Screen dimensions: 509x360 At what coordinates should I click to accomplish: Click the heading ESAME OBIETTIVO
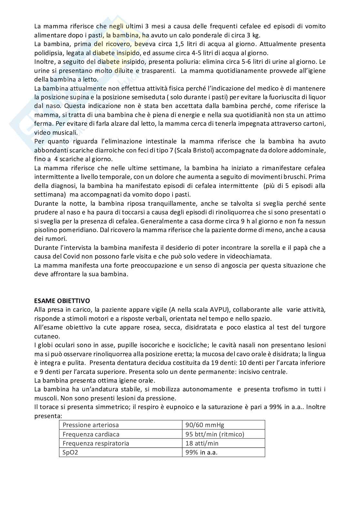pos(62,301)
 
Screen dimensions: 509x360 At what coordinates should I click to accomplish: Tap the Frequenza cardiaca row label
pos(91,434)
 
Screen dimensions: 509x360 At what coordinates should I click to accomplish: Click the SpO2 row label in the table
pos(70,452)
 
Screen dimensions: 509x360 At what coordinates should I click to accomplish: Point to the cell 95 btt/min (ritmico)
pos(215,434)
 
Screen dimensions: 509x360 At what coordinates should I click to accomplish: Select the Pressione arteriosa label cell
pos(91,425)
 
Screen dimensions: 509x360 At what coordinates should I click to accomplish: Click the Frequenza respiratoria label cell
pos(96,443)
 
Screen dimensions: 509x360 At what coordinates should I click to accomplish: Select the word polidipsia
pos(48,53)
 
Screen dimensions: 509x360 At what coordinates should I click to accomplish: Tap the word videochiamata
pos(250,257)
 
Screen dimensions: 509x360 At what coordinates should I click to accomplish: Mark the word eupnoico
pos(179,407)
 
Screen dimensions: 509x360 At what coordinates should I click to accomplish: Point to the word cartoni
pos(314,124)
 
